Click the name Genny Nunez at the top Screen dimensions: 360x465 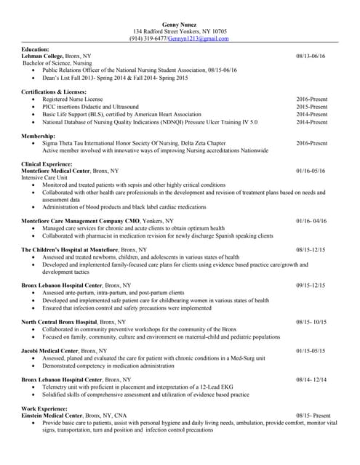pos(180,25)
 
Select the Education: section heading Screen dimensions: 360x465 pos(36,49)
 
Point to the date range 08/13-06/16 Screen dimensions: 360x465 pos(311,56)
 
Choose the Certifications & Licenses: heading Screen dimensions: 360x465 pos(54,92)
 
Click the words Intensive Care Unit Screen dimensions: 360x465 pos(45,178)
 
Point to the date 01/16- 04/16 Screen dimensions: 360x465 pos(311,220)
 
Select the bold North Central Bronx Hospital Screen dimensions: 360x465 pos(59,321)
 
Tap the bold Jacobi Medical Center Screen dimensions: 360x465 pos(50,350)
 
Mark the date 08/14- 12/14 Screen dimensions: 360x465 pos(311,379)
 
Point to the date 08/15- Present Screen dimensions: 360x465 pos(313,416)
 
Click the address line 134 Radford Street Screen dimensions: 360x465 pos(180,32)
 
